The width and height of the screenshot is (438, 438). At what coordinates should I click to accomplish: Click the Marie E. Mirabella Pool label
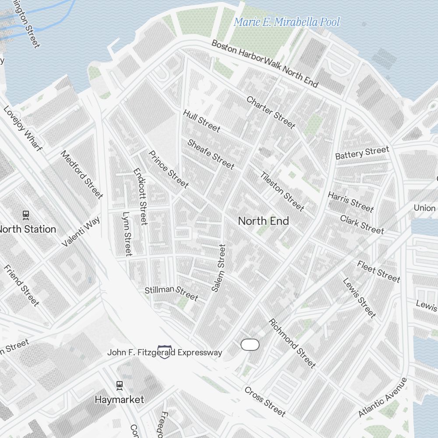287,22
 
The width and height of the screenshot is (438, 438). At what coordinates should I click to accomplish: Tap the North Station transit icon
26,215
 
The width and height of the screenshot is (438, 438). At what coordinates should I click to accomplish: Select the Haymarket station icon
120,385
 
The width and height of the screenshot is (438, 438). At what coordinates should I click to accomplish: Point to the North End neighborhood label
263,221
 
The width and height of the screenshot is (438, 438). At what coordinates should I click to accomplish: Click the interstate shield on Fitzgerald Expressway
164,352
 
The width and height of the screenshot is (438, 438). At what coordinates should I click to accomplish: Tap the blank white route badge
250,345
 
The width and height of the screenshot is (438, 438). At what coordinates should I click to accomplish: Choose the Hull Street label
201,121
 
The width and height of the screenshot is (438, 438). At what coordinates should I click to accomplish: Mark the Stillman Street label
171,293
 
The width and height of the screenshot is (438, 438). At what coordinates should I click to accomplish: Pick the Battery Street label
362,153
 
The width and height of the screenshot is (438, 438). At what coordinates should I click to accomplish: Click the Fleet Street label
378,271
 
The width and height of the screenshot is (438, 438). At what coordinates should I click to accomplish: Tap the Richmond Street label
292,343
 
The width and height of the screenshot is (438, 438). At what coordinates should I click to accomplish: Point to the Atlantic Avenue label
382,397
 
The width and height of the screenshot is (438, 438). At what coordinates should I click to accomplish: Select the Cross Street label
265,401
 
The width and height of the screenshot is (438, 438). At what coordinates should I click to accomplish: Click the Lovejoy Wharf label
23,129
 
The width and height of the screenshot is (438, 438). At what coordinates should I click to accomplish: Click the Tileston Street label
282,191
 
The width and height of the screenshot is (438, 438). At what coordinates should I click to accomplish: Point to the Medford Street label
81,174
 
